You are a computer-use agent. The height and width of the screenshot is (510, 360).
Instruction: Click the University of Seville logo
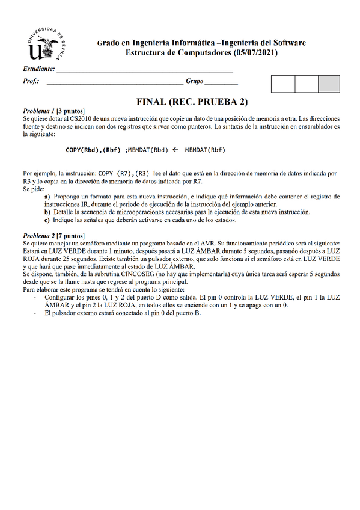[47, 45]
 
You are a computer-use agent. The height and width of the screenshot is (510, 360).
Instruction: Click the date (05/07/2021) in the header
[255, 52]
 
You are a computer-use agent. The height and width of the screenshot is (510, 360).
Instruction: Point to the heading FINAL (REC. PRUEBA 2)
[192, 102]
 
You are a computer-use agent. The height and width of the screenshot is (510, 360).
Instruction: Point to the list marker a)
[47, 196]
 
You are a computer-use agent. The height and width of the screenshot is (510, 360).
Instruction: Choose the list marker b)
[47, 212]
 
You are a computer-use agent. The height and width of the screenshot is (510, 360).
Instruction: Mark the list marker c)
[47, 220]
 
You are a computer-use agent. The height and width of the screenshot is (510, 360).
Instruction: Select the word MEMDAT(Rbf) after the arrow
[206, 150]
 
